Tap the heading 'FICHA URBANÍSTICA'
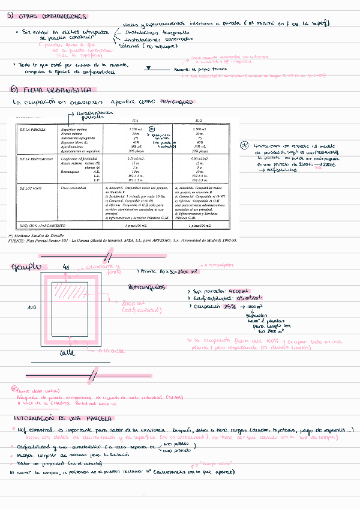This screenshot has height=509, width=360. click(54, 89)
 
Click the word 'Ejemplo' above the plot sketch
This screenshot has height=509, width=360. click(26, 267)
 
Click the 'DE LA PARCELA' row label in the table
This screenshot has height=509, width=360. click(32, 129)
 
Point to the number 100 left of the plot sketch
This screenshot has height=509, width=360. click(31, 308)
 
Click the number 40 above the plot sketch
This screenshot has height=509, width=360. click(66, 266)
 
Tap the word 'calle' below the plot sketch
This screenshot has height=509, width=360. click(66, 354)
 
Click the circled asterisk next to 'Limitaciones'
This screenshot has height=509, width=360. click(227, 146)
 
